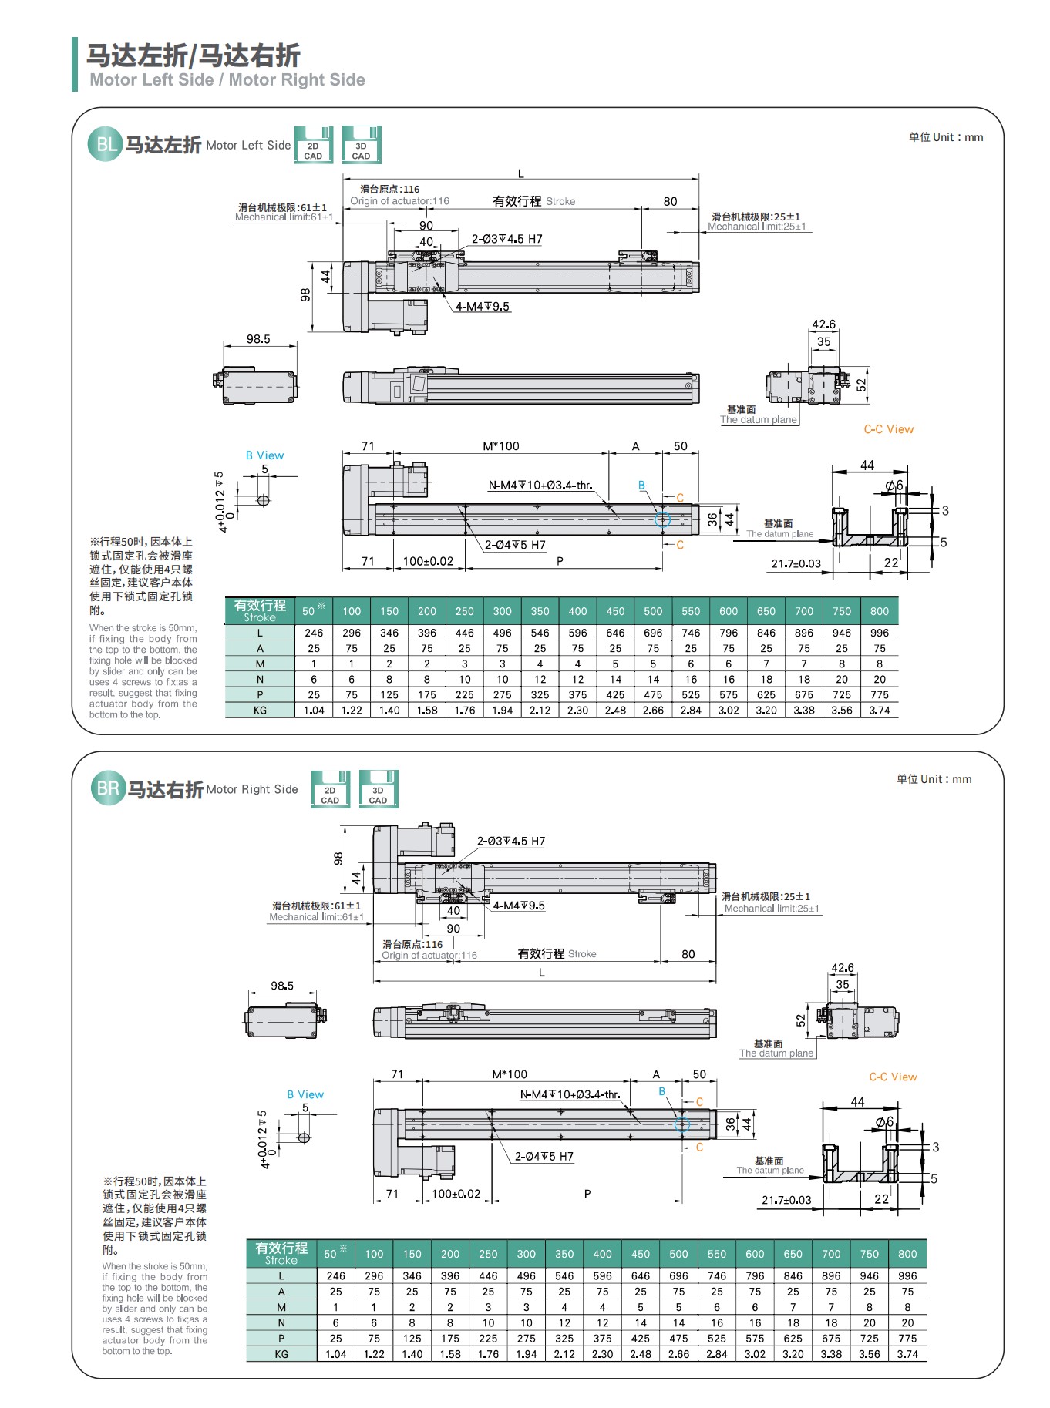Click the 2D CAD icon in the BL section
click(x=313, y=145)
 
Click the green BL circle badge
click(x=105, y=145)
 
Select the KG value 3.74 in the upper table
click(x=880, y=711)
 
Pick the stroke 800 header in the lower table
click(x=907, y=1254)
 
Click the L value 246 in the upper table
click(x=314, y=633)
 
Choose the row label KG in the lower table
click(x=281, y=1354)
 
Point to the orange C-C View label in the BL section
click(x=888, y=429)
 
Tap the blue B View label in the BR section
click(x=305, y=1094)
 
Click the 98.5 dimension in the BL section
click(x=258, y=339)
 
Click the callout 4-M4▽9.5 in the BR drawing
click(x=519, y=906)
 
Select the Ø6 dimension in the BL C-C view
click(x=894, y=486)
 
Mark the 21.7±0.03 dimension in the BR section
click(x=786, y=1200)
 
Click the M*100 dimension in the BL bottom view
click(x=501, y=446)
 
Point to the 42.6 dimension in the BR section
click(x=842, y=968)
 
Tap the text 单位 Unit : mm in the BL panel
click(x=946, y=137)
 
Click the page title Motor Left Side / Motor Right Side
click(x=227, y=79)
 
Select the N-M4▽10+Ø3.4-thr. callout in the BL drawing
click(x=540, y=486)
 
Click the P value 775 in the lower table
click(x=907, y=1339)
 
